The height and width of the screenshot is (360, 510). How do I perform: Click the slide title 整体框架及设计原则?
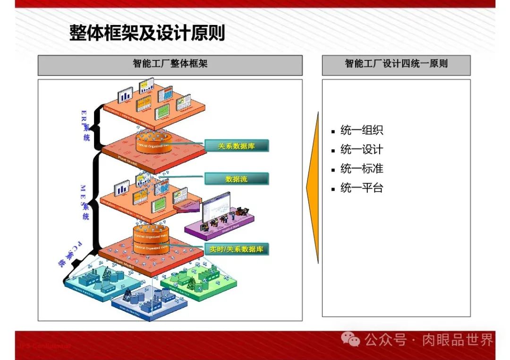pyautogui.click(x=147, y=33)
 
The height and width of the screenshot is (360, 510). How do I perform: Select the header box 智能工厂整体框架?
pyautogui.click(x=170, y=64)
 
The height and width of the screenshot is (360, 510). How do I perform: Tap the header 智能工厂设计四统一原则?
pyautogui.click(x=396, y=64)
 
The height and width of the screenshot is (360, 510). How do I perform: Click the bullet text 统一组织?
pyautogui.click(x=361, y=131)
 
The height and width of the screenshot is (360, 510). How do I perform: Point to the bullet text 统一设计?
pyautogui.click(x=361, y=150)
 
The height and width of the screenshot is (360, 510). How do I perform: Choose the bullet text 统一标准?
pyautogui.click(x=361, y=169)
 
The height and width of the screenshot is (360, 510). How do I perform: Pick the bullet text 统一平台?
pyautogui.click(x=361, y=188)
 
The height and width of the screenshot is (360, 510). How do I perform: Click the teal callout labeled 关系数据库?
pyautogui.click(x=236, y=146)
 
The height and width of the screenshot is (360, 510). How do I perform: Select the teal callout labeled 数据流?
pyautogui.click(x=236, y=179)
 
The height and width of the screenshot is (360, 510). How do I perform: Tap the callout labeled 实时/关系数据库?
pyautogui.click(x=236, y=249)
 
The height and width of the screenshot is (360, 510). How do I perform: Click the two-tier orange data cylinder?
pyautogui.click(x=151, y=241)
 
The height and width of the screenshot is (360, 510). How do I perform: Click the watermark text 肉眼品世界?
pyautogui.click(x=457, y=339)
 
